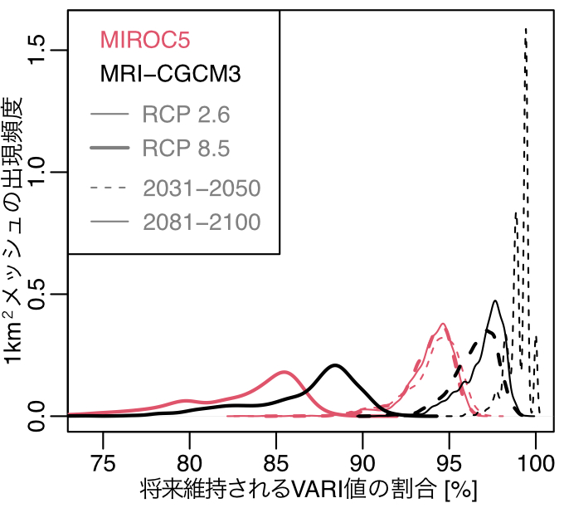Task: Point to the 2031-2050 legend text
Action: (x=202, y=187)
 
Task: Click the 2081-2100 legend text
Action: (x=202, y=222)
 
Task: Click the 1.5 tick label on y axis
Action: (x=37, y=50)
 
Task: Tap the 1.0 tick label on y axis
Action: (x=37, y=172)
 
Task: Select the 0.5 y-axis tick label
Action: (x=37, y=294)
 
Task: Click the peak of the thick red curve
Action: (x=284, y=372)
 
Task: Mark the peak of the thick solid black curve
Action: (x=335, y=365)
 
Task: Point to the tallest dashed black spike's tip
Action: (x=526, y=28)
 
